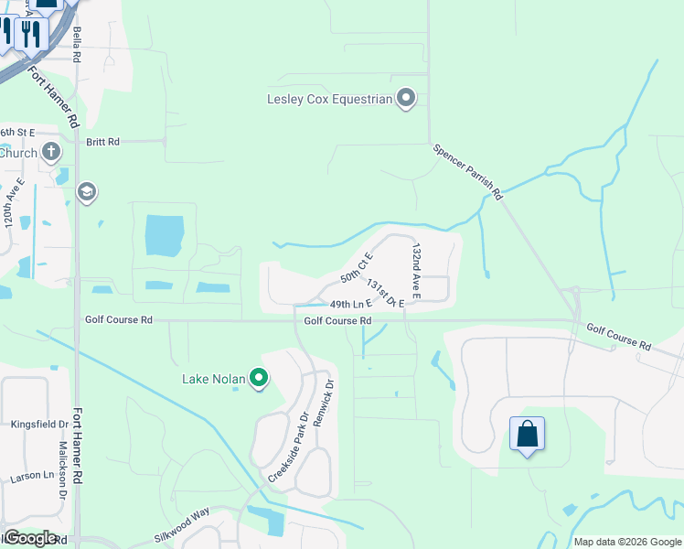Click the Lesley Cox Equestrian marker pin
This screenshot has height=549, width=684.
(x=407, y=99)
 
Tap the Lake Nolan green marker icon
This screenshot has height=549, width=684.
(x=259, y=377)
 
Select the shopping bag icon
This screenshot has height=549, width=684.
(x=527, y=433)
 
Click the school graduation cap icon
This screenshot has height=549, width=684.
(x=88, y=192)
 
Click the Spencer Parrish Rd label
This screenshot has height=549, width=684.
(x=468, y=171)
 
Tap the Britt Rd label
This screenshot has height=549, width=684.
(x=102, y=142)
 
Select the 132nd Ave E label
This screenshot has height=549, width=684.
(x=416, y=271)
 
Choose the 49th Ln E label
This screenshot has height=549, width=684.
(x=350, y=304)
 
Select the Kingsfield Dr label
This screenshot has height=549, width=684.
(x=39, y=425)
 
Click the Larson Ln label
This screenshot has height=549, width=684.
(x=32, y=476)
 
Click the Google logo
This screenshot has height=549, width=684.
(x=29, y=537)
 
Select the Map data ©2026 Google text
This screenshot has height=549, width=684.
(x=627, y=542)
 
